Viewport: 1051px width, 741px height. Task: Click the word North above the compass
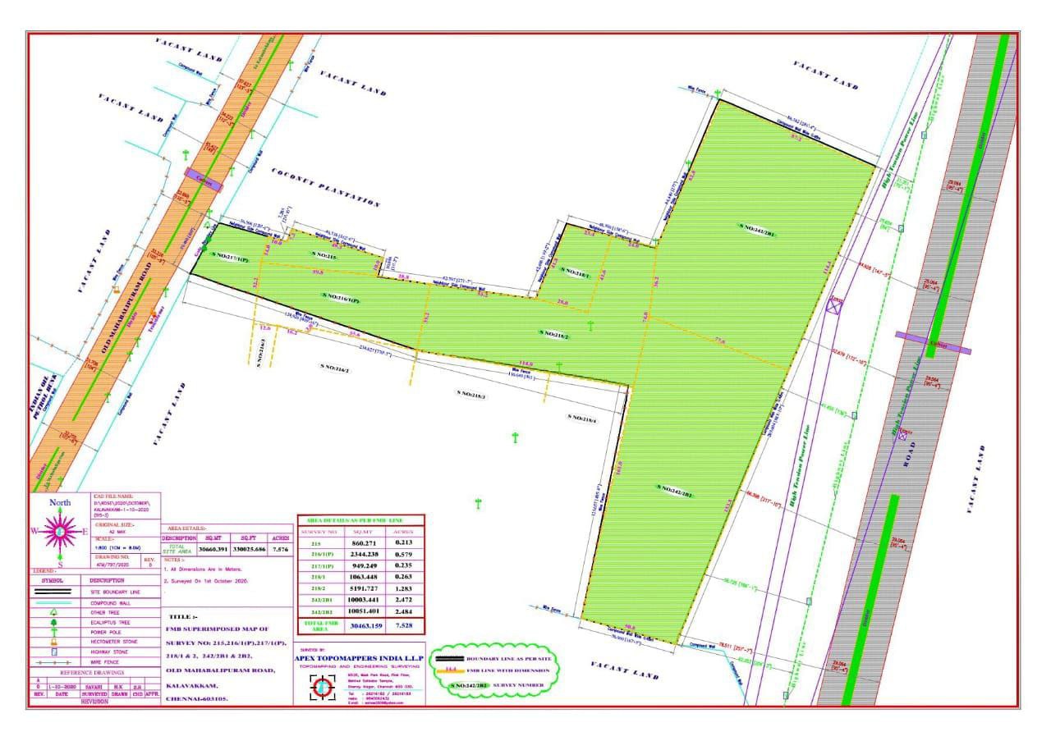(60, 503)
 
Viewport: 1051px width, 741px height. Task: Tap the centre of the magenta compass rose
(60, 532)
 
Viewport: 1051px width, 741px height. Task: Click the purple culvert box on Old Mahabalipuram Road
(203, 179)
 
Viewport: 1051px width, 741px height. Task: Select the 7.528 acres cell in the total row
(402, 627)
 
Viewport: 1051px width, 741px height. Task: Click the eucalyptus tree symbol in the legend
(54, 622)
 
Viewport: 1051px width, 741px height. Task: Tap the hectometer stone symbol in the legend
(54, 642)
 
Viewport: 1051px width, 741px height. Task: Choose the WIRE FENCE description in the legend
(106, 661)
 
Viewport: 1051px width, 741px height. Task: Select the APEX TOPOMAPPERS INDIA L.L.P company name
(359, 656)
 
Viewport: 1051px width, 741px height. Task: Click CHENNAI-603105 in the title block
(197, 698)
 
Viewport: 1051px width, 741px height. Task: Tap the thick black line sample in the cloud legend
(449, 659)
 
